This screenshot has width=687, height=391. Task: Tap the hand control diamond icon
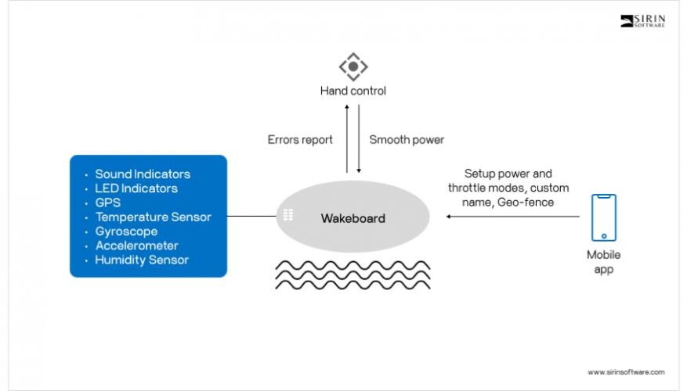click(353, 66)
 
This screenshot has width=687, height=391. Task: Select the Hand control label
click(353, 91)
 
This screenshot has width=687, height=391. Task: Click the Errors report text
click(300, 140)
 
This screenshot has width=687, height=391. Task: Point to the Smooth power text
click(407, 140)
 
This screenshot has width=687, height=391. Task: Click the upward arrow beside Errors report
click(347, 141)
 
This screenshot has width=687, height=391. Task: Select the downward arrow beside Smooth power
click(359, 141)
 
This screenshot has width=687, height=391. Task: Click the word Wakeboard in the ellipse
click(353, 218)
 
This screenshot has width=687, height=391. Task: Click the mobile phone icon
click(603, 217)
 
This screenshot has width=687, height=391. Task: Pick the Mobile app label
click(603, 261)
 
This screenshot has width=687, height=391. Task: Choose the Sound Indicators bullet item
click(143, 174)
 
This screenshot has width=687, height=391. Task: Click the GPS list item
click(107, 203)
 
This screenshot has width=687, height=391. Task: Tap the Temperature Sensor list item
click(153, 217)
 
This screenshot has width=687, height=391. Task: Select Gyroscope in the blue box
click(126, 231)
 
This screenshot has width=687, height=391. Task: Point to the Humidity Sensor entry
click(142, 260)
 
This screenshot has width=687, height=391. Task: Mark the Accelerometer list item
click(136, 246)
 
